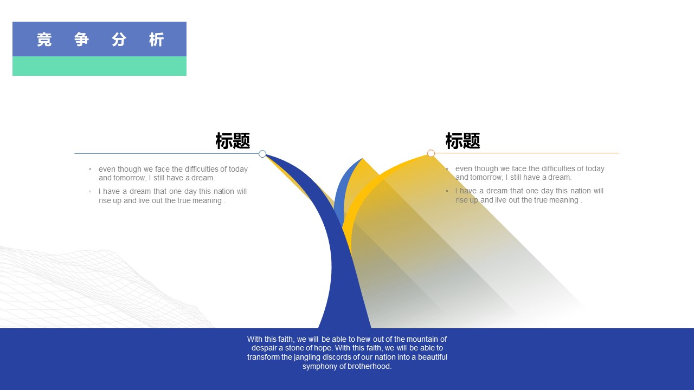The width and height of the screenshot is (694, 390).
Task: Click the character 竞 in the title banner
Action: click(44, 40)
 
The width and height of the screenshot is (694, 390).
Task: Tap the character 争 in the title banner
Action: click(82, 40)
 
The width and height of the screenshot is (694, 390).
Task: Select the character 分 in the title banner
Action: click(119, 40)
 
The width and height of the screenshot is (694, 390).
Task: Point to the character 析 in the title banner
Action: click(156, 40)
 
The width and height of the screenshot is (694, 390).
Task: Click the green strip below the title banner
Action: click(99, 66)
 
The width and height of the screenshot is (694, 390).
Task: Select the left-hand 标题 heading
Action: click(233, 141)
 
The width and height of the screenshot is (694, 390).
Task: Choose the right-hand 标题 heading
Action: click(462, 141)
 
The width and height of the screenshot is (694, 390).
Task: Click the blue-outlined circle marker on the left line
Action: click(262, 154)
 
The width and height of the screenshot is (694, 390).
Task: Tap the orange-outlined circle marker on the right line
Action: click(431, 153)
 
